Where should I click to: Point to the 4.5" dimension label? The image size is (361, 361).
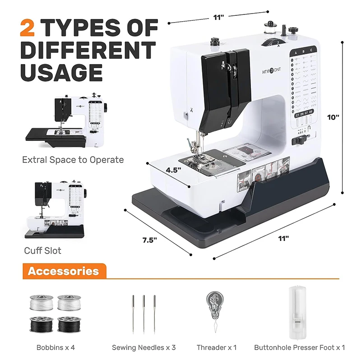174,170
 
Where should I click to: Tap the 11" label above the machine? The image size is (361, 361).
218,17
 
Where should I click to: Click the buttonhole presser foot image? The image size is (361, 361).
299,311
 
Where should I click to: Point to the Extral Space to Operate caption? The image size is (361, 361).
73,159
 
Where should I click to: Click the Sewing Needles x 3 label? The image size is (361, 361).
143,347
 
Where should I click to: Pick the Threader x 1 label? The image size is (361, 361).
216,347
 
